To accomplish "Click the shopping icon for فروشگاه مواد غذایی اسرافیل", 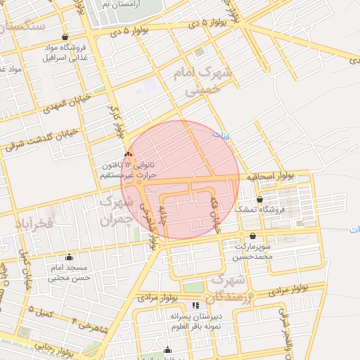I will coord(65,37).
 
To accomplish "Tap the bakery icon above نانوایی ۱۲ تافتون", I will coord(128,154).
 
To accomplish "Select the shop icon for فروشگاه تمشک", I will coord(259,200).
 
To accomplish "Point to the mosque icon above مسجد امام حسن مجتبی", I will coord(68,257).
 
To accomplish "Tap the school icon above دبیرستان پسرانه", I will coord(195,305).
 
